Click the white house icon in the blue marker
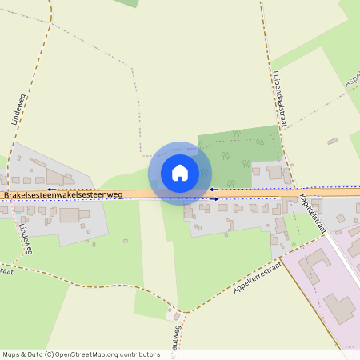coord(180,172)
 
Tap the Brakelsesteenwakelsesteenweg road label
coord(62,194)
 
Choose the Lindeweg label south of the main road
coord(23,238)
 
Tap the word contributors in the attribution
coord(138,354)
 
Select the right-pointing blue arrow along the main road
coord(214,199)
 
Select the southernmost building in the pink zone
coord(342,308)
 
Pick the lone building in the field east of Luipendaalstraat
coord(332,141)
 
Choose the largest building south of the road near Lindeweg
coord(70,215)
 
